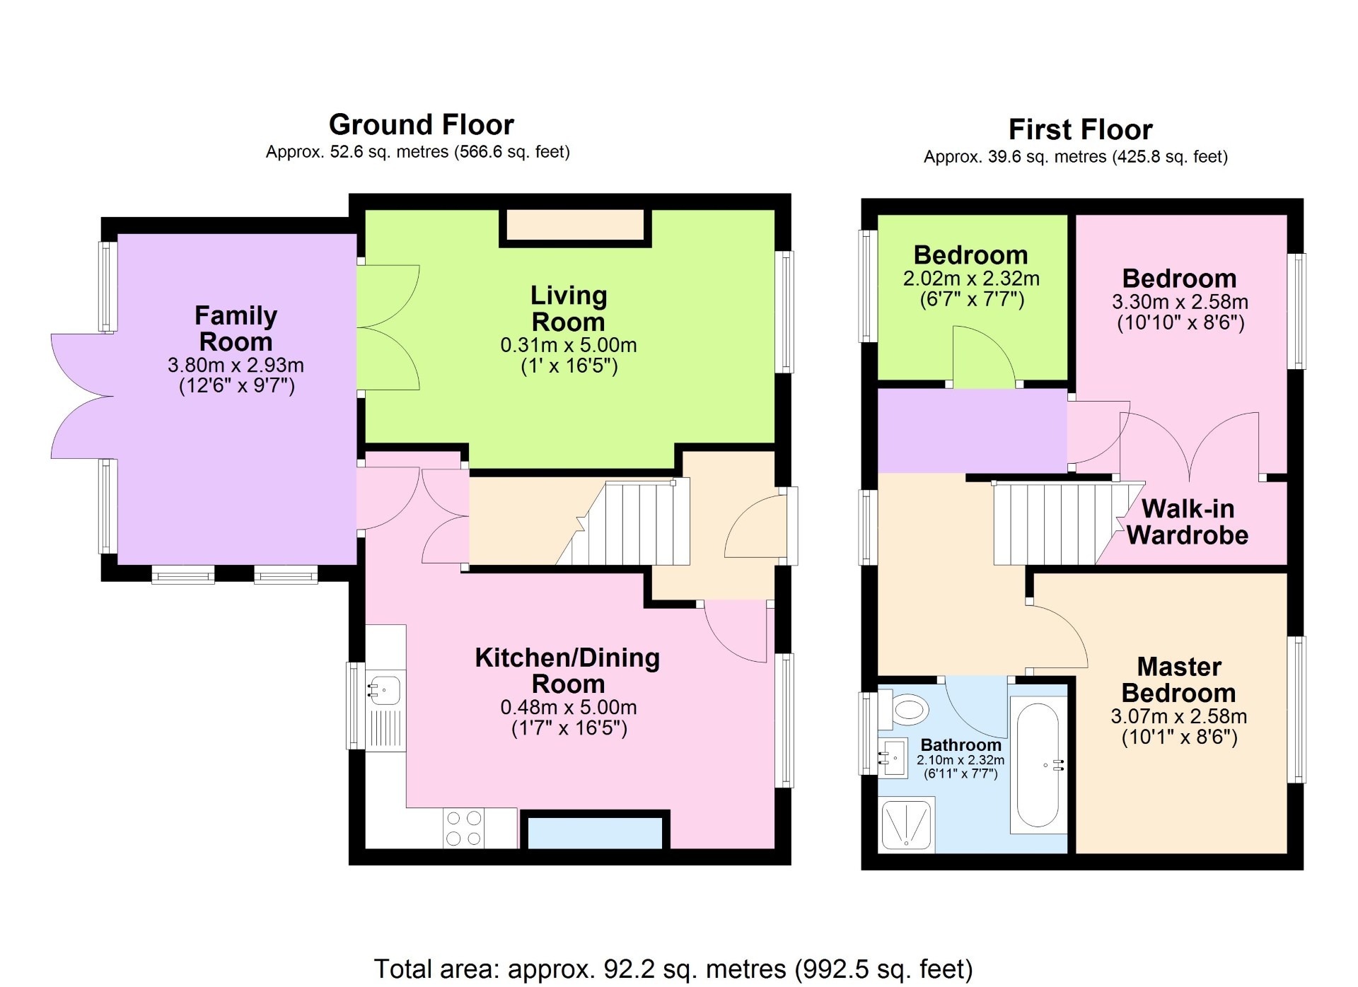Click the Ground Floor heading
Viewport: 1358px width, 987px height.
pos(421,125)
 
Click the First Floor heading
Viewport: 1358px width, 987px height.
pos(1080,130)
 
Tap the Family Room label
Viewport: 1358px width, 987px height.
pos(236,328)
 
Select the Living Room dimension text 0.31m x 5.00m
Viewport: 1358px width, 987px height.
pos(568,345)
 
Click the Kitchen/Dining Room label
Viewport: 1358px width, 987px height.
pos(567,670)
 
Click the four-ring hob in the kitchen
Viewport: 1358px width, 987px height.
pos(464,828)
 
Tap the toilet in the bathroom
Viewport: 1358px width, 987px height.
pos(908,708)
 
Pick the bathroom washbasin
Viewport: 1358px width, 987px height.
pos(894,759)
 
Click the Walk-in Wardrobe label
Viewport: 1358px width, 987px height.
pos(1188,522)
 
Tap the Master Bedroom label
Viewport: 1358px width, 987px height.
pos(1178,679)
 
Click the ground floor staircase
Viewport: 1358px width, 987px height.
pos(629,524)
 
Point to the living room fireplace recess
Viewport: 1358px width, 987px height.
pos(575,226)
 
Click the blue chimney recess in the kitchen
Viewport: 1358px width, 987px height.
pos(595,833)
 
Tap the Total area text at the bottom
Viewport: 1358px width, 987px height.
pos(673,968)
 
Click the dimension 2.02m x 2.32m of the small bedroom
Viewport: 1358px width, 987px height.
pos(971,279)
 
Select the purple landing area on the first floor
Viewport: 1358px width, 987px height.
pos(971,431)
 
